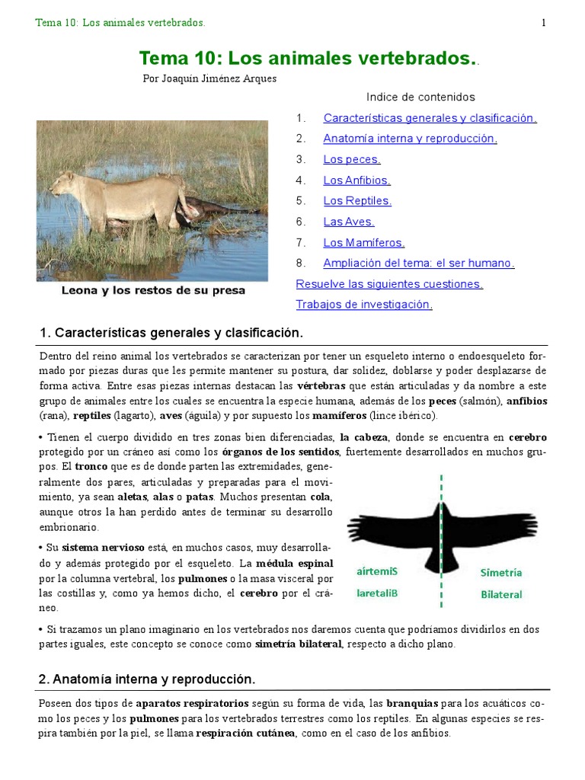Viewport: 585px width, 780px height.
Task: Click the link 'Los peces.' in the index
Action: tap(351, 159)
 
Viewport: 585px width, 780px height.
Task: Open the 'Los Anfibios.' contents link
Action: tap(356, 181)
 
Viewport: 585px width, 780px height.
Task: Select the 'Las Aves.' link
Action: tap(348, 222)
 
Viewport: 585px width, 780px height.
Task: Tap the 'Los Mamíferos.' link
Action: tap(363, 243)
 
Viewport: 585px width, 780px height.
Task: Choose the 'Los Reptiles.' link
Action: tap(357, 201)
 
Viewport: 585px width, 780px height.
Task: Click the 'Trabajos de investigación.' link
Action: tap(364, 305)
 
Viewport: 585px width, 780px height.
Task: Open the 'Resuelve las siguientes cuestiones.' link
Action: tap(389, 284)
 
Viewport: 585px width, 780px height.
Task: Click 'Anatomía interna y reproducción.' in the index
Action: tap(410, 139)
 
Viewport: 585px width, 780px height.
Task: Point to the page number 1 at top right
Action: tap(544, 23)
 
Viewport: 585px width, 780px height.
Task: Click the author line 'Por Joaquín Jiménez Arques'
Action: tap(210, 78)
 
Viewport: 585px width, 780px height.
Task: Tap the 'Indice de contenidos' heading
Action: tap(420, 97)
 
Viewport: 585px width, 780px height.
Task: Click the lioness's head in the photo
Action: tap(62, 181)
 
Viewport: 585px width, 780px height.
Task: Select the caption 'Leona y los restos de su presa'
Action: tap(153, 291)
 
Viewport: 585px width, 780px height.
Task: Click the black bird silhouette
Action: tap(442, 530)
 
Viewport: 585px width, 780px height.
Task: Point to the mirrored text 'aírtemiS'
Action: tap(377, 571)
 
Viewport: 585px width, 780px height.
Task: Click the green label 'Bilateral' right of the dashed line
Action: tap(501, 594)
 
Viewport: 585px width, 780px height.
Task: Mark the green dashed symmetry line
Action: tap(441, 594)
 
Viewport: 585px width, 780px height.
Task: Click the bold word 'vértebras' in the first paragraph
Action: tap(321, 385)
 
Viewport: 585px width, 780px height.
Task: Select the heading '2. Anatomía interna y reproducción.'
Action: tap(147, 679)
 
